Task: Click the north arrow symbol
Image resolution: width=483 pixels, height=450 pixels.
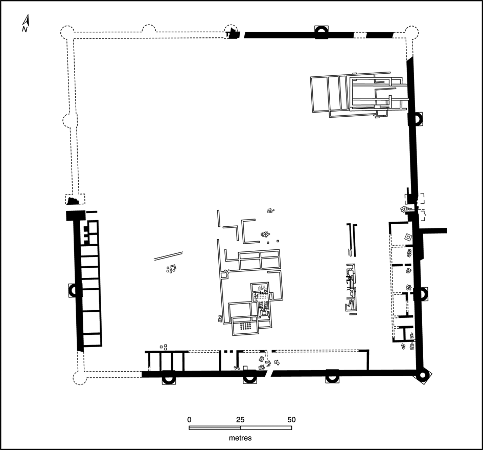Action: tap(27, 20)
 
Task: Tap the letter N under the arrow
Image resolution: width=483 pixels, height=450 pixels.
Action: tap(25, 30)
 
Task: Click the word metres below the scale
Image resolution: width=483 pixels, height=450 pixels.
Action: tap(240, 438)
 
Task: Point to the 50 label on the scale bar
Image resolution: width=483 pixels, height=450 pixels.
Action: tap(291, 420)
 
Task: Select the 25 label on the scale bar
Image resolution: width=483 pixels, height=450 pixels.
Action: tap(240, 420)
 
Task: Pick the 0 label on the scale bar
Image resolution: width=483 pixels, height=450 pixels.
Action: tap(189, 420)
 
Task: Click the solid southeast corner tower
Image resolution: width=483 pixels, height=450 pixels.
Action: tap(422, 376)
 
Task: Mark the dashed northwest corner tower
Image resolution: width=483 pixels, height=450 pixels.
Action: tap(67, 32)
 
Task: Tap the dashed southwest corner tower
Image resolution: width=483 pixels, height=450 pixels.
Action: tap(79, 378)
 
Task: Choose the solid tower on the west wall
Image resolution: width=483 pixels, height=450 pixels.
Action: tap(74, 291)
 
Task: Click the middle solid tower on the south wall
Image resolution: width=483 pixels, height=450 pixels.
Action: tap(249, 376)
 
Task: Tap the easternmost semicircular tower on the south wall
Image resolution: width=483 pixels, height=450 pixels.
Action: tap(332, 376)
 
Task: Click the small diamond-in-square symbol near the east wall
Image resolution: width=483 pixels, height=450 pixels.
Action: tap(408, 238)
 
